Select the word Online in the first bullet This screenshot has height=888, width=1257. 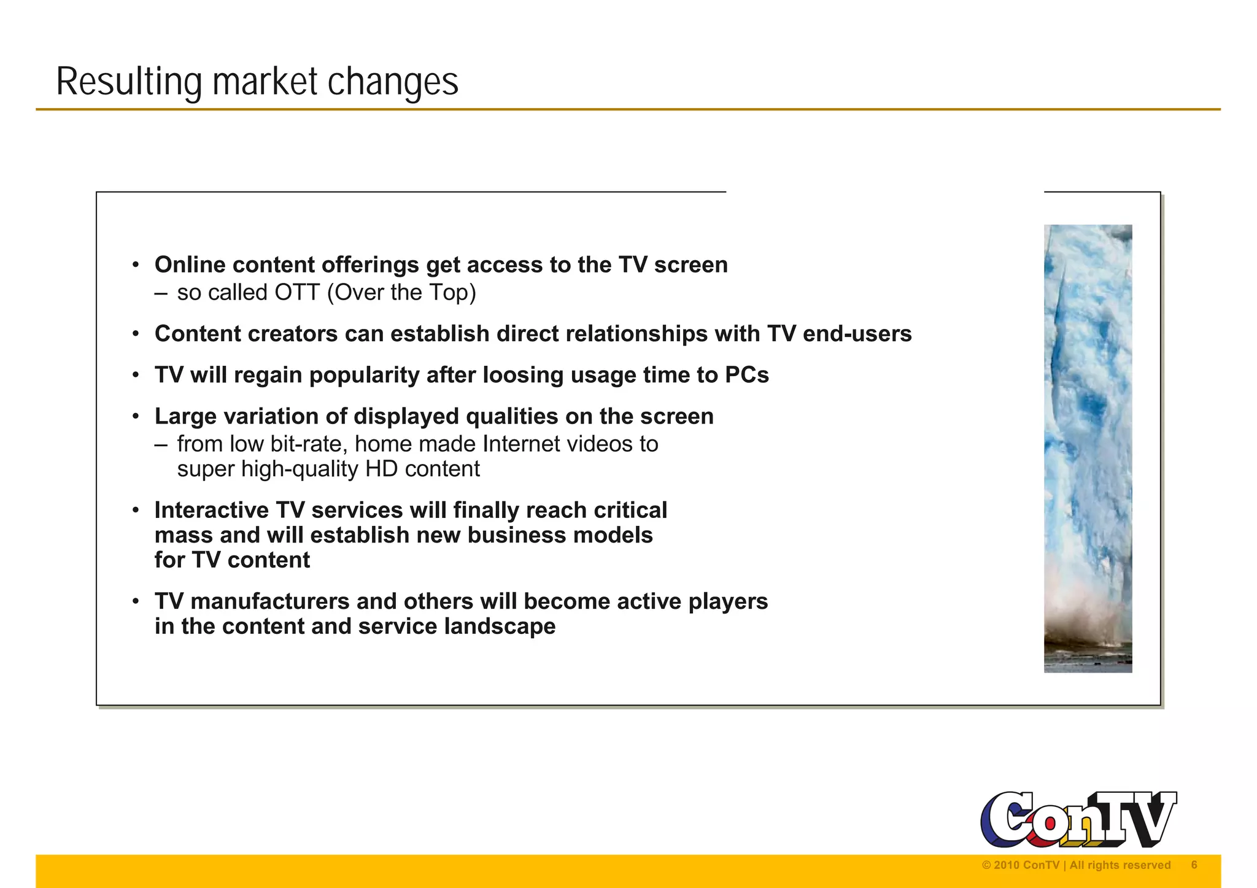click(190, 265)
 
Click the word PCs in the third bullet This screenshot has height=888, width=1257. click(746, 375)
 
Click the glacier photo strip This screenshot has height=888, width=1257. click(1088, 448)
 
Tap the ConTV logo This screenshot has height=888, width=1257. click(1078, 819)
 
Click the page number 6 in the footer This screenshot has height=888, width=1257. click(1194, 865)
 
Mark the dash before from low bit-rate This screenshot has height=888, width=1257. click(161, 444)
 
